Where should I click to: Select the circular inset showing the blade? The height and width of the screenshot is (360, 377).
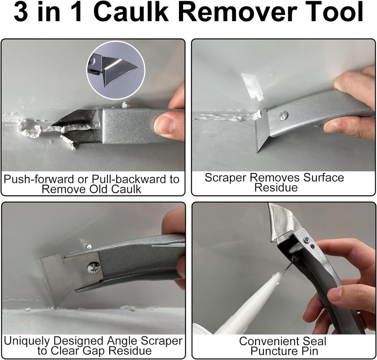click(116, 70)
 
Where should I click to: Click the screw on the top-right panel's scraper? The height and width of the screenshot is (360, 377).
click(283, 115)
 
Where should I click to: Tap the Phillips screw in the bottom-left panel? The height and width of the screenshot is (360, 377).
click(94, 268)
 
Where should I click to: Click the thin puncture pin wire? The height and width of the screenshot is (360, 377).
click(286, 268)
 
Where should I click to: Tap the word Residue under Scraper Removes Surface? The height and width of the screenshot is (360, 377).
click(276, 188)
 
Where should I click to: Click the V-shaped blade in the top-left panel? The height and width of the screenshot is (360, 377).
click(75, 123)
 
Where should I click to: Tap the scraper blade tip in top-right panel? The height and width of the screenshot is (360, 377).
click(258, 150)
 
